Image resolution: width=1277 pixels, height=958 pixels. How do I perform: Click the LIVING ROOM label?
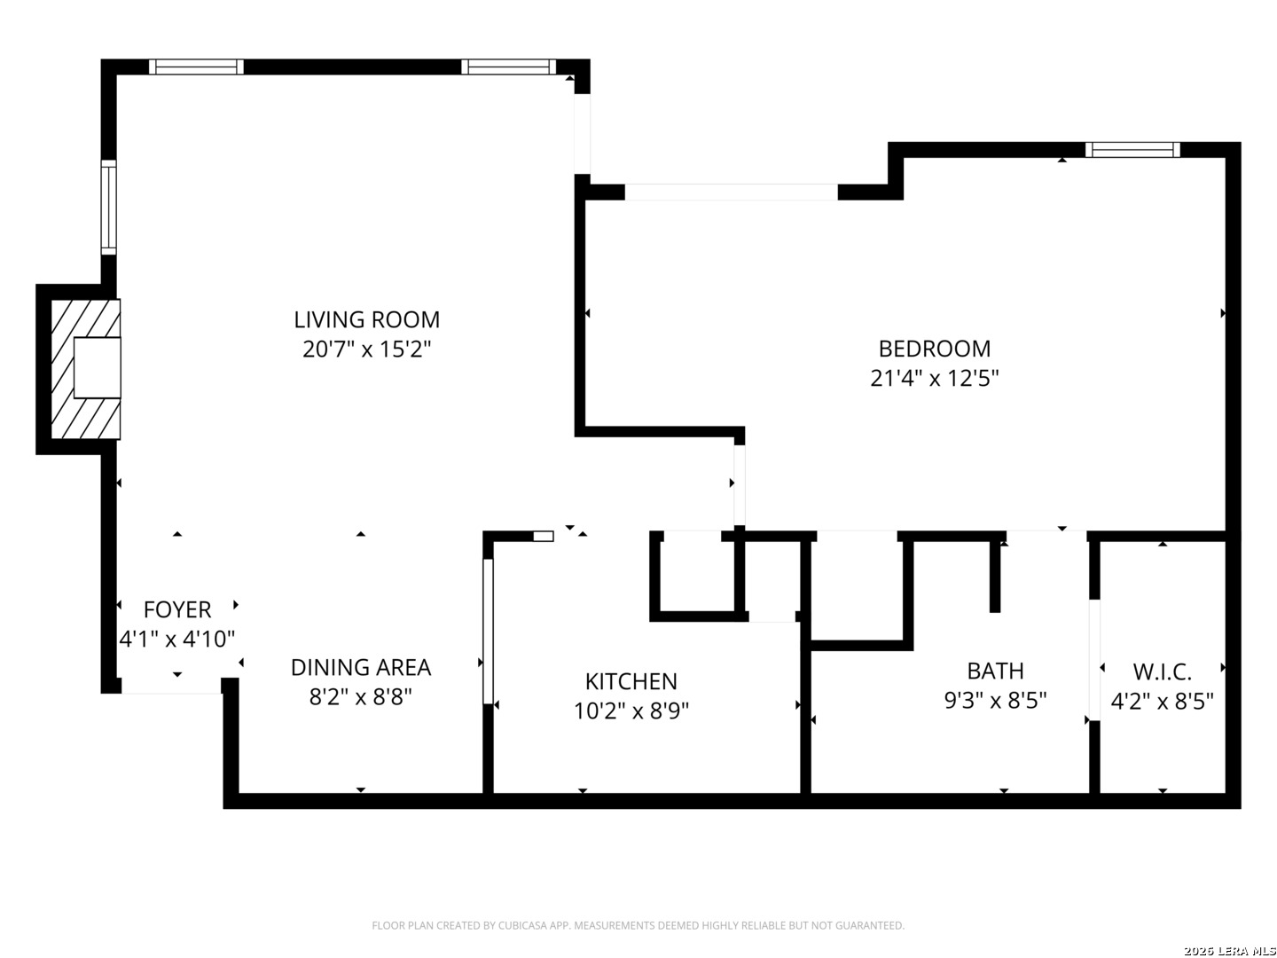[366, 320]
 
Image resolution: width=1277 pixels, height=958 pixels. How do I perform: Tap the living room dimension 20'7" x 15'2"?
[366, 349]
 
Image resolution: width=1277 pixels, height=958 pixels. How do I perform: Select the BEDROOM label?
[935, 349]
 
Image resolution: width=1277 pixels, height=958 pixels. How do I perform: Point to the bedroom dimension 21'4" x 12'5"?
[935, 379]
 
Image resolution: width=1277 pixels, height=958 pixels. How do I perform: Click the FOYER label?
[176, 609]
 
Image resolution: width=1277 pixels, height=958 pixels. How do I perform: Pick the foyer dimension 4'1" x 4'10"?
[176, 640]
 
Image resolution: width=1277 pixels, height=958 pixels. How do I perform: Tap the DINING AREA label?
[361, 668]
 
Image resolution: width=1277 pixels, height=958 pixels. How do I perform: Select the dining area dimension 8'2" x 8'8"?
[361, 697]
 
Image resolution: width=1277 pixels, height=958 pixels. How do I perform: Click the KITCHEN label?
[631, 681]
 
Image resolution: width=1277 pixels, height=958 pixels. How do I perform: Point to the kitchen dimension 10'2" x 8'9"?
[631, 711]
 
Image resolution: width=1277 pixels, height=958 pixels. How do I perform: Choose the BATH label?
[995, 671]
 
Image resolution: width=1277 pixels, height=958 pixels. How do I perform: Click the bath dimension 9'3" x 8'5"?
[995, 701]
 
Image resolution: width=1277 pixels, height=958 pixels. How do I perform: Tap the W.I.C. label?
[1163, 672]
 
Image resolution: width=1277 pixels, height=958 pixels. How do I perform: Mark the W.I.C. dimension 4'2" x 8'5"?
[1163, 702]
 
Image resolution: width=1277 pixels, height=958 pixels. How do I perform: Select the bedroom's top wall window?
[1132, 150]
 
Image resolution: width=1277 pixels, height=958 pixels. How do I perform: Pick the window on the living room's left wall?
[109, 207]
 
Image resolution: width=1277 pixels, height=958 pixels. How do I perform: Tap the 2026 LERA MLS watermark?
[1230, 951]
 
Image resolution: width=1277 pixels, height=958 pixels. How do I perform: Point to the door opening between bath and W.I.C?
[1094, 660]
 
